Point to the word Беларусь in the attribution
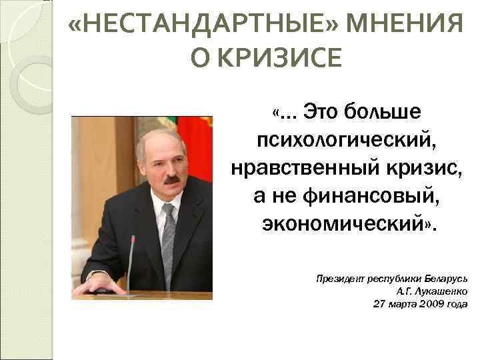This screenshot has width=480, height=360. click(446, 279)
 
